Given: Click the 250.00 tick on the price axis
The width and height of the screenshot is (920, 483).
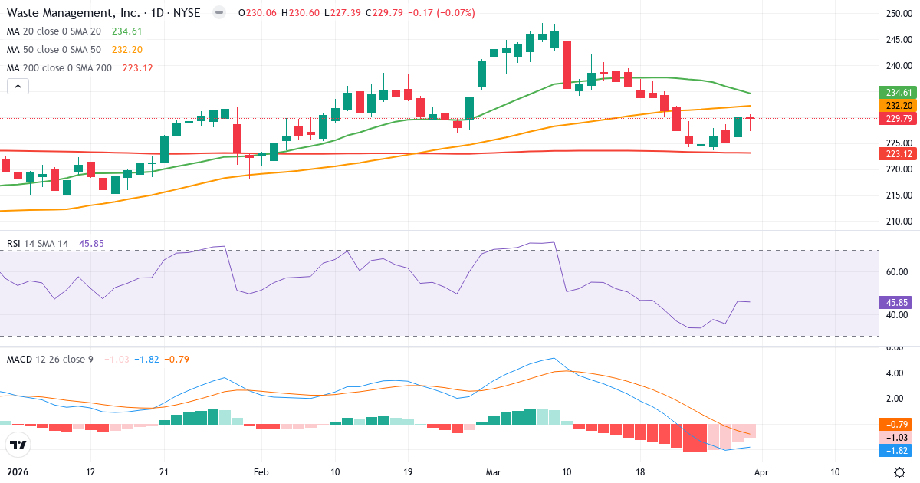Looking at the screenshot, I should (x=898, y=14).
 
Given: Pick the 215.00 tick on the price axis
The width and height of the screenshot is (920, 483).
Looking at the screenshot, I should (x=898, y=195).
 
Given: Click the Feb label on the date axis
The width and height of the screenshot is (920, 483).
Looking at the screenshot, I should (x=261, y=472).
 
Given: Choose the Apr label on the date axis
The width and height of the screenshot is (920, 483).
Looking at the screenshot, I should (x=762, y=472).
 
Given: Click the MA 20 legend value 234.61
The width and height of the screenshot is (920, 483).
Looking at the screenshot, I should (x=127, y=31).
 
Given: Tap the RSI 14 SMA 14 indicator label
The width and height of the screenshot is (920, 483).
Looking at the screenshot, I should (x=38, y=244).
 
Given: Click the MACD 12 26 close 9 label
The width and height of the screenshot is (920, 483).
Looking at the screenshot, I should (x=50, y=359).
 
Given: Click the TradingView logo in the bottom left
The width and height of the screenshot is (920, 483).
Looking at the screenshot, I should (x=18, y=445).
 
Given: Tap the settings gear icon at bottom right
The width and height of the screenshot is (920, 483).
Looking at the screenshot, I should (x=901, y=472).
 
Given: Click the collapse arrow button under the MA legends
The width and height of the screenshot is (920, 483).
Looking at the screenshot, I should (x=18, y=87).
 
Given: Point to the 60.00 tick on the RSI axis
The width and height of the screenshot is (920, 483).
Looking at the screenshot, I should (x=898, y=271).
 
